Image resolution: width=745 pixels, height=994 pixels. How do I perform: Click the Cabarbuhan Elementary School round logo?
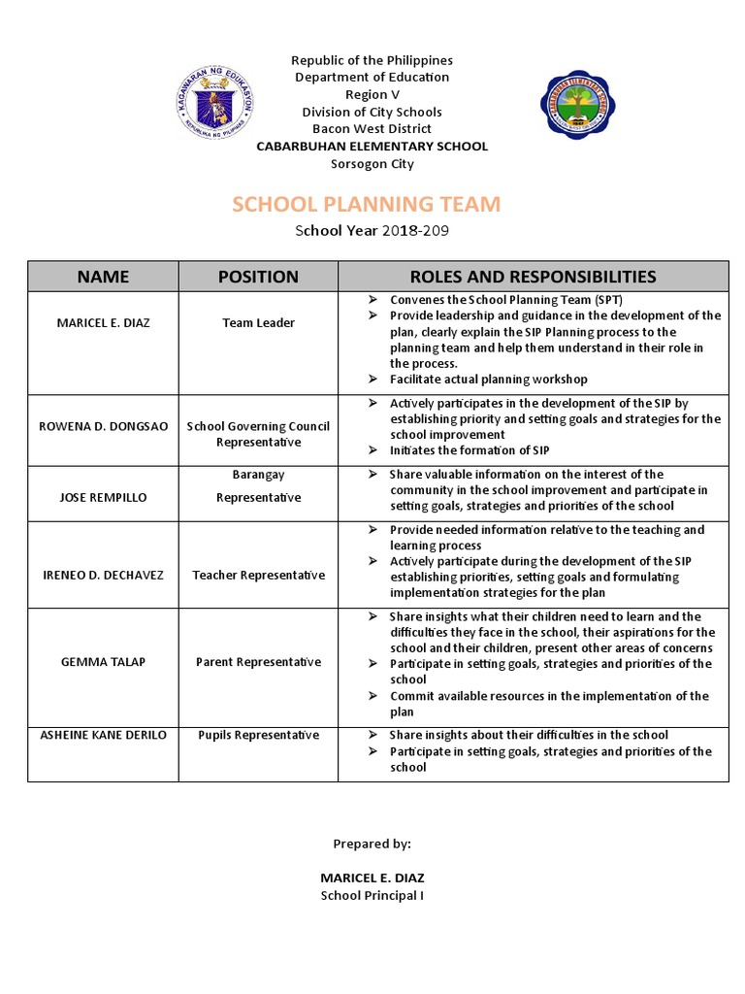pos(584,105)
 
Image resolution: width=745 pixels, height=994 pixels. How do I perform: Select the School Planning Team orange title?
pos(367,204)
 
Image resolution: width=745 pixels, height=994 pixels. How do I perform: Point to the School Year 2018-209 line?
pos(372,231)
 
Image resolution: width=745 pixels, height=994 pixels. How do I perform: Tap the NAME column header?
pos(103,277)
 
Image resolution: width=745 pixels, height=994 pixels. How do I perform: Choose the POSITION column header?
pos(258,277)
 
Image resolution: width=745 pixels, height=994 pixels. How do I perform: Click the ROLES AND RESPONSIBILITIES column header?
pos(533,277)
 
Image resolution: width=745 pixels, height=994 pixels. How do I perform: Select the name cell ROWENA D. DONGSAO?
pos(103,426)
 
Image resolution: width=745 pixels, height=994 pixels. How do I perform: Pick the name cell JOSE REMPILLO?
pos(103,497)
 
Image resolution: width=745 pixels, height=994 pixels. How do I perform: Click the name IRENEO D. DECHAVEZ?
pos(103,575)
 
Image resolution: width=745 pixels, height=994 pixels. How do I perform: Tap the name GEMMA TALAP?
pos(103,662)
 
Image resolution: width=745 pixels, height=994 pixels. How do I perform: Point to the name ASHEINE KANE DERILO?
pos(103,735)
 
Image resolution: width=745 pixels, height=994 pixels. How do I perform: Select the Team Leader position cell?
pos(258,322)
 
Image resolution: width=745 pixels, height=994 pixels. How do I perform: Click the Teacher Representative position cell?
pos(258,575)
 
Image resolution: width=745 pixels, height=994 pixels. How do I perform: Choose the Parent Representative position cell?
pos(258,662)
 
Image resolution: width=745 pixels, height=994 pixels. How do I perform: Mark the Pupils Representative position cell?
pos(258,735)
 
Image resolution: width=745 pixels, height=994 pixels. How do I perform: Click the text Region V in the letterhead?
pos(372,95)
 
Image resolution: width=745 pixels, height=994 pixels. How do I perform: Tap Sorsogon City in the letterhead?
pos(372,164)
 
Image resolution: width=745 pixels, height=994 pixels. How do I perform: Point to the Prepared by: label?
pos(372,845)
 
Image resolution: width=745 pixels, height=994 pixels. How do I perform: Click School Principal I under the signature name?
pos(372,895)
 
